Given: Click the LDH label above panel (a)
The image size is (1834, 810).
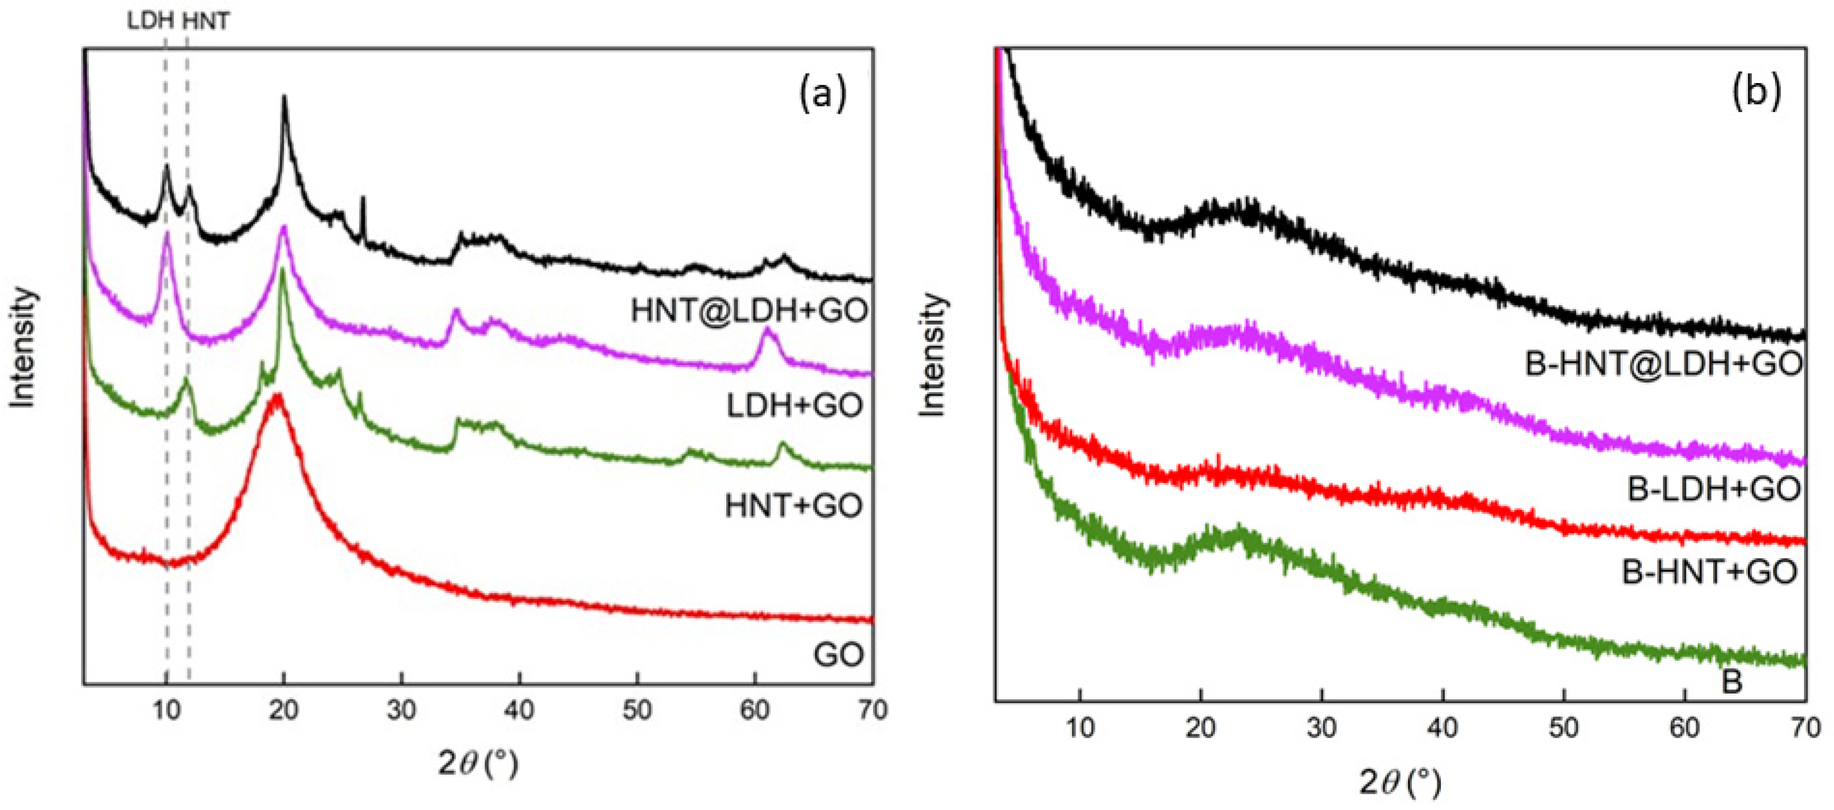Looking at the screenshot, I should (150, 21).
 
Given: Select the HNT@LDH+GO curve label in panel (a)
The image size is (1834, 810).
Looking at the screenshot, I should (749, 310).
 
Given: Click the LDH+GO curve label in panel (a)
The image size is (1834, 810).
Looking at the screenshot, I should (794, 406).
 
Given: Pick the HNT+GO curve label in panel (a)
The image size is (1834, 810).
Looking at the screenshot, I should (793, 506).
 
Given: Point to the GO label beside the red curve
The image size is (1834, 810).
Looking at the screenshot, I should (838, 654).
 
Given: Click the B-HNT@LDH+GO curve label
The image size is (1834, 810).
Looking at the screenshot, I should (1663, 363).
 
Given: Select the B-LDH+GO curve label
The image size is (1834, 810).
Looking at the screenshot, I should (1714, 489).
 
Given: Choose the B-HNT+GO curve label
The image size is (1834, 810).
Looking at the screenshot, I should (1709, 572).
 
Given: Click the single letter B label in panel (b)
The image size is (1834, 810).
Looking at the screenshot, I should (1731, 681).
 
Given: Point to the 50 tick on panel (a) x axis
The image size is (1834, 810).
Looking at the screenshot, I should (637, 710).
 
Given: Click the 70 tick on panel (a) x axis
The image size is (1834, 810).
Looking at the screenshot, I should (872, 710).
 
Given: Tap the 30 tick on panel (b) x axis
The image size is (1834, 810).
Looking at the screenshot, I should (1321, 727).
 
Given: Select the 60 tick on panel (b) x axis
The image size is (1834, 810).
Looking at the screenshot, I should (1684, 727).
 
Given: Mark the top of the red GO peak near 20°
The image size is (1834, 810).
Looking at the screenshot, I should (277, 396).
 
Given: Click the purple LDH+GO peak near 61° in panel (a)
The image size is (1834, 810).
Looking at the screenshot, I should (766, 329).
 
